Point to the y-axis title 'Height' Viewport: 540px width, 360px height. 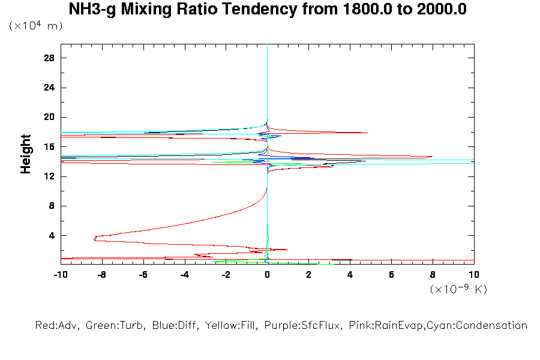(26, 154)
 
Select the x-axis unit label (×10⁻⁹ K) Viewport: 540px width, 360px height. (459, 289)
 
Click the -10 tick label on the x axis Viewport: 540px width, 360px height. (60, 275)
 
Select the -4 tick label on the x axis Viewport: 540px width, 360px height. (184, 275)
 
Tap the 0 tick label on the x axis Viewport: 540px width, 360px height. (267, 275)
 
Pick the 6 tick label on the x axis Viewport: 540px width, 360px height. (391, 275)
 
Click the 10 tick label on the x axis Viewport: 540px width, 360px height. (474, 275)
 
